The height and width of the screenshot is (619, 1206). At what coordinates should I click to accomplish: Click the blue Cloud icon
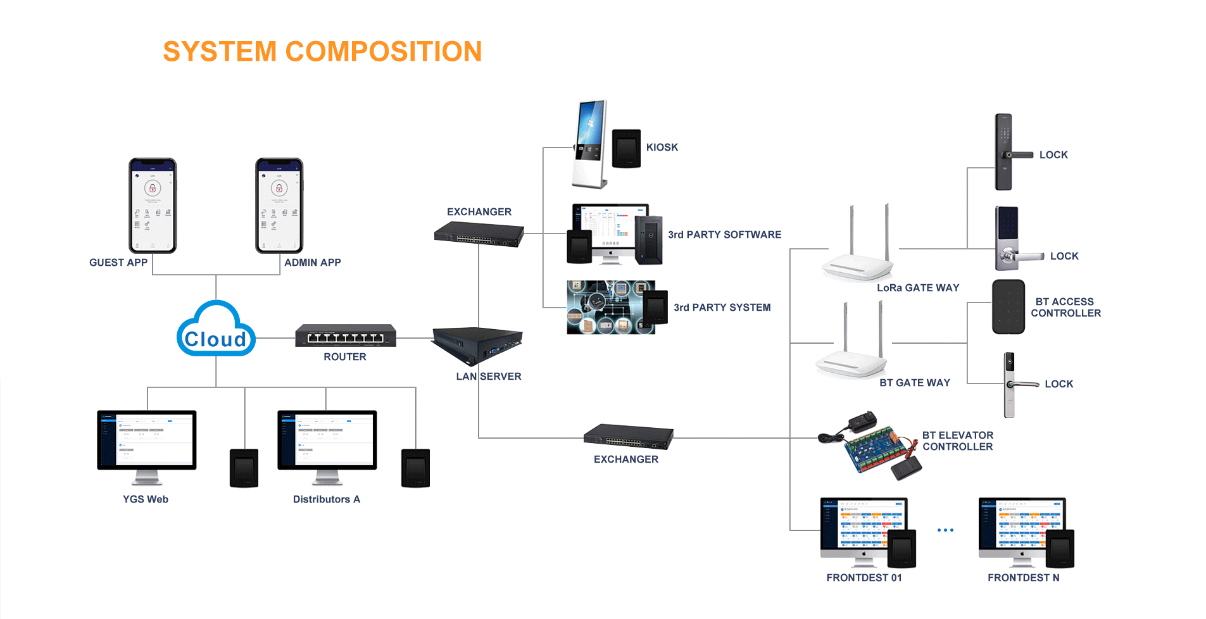(216, 330)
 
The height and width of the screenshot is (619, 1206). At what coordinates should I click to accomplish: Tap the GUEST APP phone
(153, 206)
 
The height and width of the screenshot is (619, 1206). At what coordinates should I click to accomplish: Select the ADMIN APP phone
(279, 206)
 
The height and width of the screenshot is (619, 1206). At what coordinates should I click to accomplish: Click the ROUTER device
(345, 335)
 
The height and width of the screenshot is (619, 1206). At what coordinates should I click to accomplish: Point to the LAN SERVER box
(478, 345)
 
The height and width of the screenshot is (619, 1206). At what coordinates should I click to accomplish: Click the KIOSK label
(662, 147)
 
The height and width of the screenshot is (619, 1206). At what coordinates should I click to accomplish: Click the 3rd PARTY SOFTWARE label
(724, 235)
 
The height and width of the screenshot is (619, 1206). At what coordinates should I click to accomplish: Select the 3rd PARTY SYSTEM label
(722, 308)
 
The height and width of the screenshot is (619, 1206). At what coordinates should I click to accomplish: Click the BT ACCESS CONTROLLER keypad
(1008, 307)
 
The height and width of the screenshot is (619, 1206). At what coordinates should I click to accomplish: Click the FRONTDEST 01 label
(864, 578)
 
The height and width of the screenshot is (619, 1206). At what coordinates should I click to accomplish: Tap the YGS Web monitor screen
(147, 440)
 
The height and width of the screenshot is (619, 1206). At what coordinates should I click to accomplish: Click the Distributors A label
(326, 499)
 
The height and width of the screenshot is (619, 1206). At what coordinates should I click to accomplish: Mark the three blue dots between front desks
(945, 530)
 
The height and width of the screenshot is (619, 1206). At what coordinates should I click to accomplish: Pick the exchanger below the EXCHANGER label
(479, 234)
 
